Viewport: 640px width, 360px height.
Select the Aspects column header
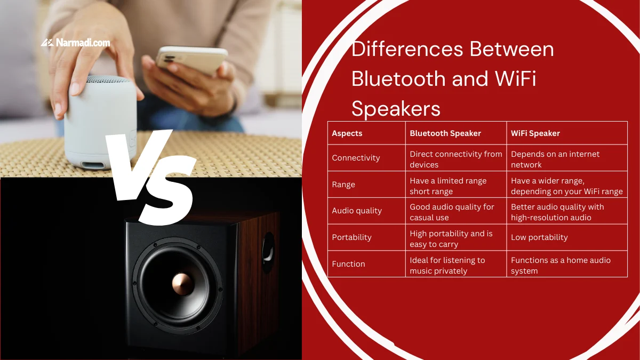click(x=347, y=133)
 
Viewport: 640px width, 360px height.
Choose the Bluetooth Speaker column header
click(x=445, y=133)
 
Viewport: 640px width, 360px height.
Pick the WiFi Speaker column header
click(x=535, y=133)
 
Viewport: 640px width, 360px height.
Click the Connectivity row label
click(x=356, y=158)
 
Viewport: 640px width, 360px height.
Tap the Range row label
click(x=343, y=185)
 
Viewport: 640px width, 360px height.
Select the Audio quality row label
click(x=357, y=211)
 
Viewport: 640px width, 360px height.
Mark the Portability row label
click(x=351, y=237)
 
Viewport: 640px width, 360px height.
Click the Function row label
click(x=348, y=264)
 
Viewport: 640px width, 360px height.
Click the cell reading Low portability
click(x=539, y=237)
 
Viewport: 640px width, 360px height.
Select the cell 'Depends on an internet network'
click(x=555, y=159)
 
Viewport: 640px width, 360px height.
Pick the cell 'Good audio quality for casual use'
click(x=452, y=212)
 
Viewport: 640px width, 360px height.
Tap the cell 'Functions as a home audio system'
click(x=560, y=265)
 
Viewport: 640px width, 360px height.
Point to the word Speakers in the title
click(x=396, y=109)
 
